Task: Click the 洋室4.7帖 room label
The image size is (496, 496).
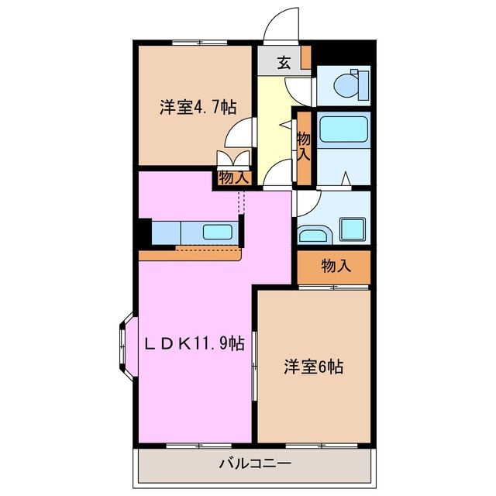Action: coord(198,108)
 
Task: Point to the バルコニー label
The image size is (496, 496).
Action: coord(254,465)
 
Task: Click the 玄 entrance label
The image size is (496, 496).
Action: coord(284,63)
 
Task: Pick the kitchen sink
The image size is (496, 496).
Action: coord(218,232)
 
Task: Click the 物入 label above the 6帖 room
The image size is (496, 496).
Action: coord(336,267)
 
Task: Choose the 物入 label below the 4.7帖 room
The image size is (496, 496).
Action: coord(233,178)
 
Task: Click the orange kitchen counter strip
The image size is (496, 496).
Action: coord(191,253)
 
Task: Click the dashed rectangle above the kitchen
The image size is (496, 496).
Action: coord(239,203)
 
